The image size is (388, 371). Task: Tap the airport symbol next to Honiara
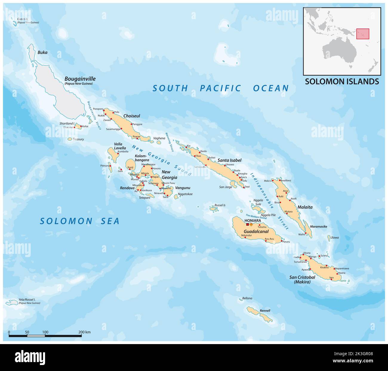pos(251,224)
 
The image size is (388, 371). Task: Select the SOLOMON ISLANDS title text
pos(342,81)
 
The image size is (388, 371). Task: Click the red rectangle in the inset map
pos(363,33)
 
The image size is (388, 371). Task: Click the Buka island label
pos(42,52)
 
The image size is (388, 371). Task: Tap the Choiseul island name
pos(132,116)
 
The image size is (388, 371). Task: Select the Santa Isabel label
pos(229,161)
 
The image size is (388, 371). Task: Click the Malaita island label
pos(305,207)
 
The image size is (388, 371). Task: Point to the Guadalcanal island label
pos(256,231)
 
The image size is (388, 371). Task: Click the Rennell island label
pos(265,311)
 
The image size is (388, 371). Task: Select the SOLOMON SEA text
pos(80,221)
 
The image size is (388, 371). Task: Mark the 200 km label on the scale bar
pos(84,332)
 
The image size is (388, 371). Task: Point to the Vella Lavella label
pos(118,146)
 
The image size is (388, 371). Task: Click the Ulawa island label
pos(335,238)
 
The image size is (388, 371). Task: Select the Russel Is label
pos(220,205)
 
